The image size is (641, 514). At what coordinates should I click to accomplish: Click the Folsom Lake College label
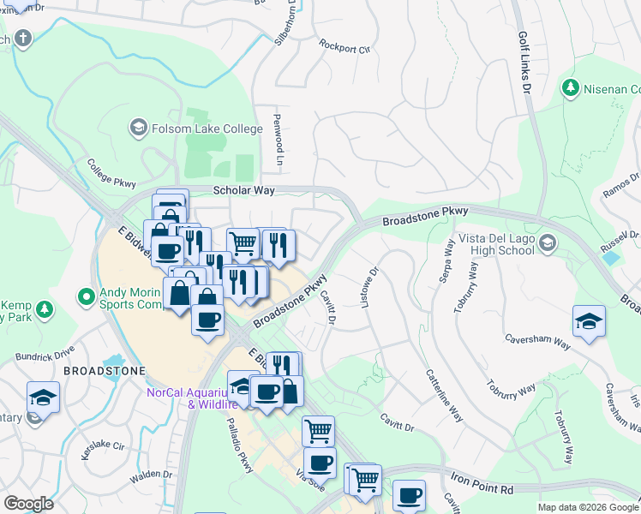pos(207,128)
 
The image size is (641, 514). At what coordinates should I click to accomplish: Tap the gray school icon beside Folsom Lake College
pos(137,128)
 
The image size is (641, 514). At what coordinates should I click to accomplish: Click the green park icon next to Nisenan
pos(570,87)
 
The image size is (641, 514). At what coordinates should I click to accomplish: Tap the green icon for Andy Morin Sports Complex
pos(85,297)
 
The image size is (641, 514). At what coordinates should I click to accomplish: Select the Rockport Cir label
pos(344,45)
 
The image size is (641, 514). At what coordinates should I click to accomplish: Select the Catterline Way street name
pos(445,395)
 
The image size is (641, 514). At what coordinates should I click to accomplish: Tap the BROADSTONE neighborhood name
pos(104,371)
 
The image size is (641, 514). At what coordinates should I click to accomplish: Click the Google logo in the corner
pos(27,504)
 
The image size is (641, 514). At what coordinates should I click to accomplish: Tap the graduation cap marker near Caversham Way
pos(589,321)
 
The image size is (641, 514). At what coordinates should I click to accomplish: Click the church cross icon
pos(21,39)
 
